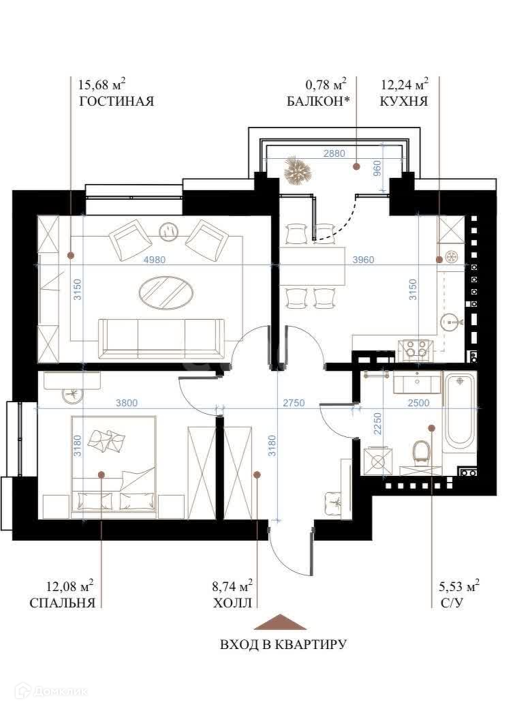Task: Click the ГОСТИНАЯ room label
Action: [117, 101]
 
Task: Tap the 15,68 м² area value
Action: [102, 84]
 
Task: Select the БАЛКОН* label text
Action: [319, 101]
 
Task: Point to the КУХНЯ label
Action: [403, 101]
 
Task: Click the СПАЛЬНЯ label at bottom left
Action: [63, 603]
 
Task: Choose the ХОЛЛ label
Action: [232, 603]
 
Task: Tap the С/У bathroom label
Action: [451, 603]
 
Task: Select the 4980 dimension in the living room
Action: [155, 260]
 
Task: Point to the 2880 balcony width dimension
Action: [335, 153]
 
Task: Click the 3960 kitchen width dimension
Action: [362, 260]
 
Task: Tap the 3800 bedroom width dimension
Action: [126, 402]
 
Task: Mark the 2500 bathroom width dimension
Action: [418, 402]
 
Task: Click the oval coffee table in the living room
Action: [166, 292]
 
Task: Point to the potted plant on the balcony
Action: [298, 170]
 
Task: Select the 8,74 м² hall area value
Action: [232, 586]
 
